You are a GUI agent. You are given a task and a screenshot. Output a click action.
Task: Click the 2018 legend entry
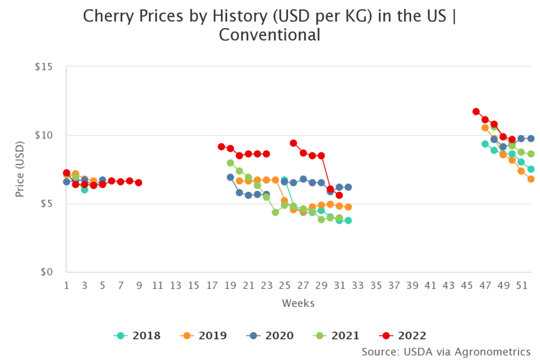[x=137, y=335]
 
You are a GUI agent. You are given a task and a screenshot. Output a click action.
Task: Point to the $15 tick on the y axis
[x=50, y=67]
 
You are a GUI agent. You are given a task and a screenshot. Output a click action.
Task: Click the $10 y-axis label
[x=50, y=135]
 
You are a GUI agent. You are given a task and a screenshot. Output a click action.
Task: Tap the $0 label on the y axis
[x=53, y=272]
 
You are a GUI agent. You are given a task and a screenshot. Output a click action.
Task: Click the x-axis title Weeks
[x=298, y=303]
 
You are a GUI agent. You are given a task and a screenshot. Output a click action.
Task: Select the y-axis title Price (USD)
[x=20, y=169]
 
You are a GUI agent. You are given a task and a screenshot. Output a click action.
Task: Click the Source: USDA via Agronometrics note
[x=446, y=351]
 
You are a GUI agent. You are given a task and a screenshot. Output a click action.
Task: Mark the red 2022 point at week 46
[x=476, y=112]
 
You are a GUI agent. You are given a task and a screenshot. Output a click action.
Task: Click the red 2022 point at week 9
[x=139, y=182]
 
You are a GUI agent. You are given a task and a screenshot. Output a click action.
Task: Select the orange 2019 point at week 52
[x=531, y=179]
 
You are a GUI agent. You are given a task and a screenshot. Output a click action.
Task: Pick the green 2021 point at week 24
[x=275, y=212]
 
